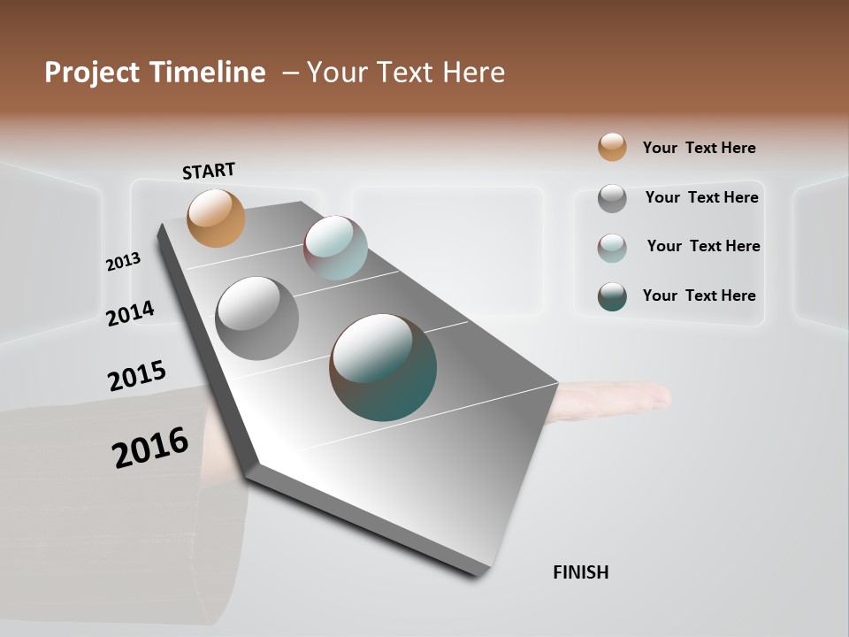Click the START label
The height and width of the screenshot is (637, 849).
point(209,171)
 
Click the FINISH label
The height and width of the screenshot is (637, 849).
point(581,572)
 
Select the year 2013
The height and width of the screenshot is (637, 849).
point(124,262)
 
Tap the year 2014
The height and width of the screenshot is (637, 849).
point(131,313)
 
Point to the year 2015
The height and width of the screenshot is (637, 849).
point(137,376)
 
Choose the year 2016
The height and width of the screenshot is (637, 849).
point(150,448)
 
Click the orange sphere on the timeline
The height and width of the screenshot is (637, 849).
point(216,218)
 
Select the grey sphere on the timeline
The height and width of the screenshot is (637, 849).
point(257,318)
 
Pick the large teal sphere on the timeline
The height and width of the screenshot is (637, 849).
point(383,367)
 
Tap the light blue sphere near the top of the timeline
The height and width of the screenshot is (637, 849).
point(335,248)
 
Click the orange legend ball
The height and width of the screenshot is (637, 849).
point(612,147)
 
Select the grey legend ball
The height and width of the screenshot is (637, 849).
point(612,198)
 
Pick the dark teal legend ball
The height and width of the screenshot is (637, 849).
point(612,296)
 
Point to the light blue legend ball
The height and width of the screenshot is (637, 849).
point(612,248)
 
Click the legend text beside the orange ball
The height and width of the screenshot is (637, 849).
point(699,148)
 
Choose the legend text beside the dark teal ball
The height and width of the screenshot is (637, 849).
point(699,295)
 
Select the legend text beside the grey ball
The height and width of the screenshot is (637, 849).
point(701,197)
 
